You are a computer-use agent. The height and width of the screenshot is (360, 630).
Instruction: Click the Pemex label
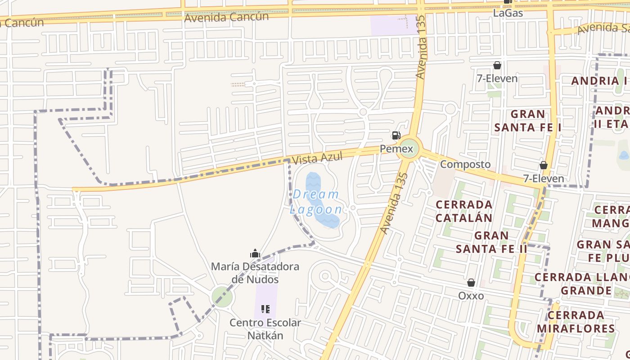click(x=396, y=148)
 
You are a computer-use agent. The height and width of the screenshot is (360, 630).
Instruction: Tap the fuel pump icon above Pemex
click(x=396, y=135)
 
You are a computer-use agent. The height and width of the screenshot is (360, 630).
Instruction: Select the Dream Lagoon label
click(x=316, y=202)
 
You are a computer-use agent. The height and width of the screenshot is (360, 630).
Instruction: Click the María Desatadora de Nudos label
click(x=255, y=273)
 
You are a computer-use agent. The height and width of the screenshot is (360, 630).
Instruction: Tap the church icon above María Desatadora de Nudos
click(x=255, y=254)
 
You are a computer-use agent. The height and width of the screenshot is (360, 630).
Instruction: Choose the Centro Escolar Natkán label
click(x=265, y=329)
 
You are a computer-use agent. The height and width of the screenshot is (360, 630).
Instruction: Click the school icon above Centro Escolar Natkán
click(x=265, y=309)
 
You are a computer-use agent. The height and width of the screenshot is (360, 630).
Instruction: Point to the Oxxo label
click(x=471, y=296)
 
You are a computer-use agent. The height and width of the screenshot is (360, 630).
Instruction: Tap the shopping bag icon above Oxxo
click(x=471, y=283)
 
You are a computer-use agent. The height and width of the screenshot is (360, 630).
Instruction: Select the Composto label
click(x=465, y=164)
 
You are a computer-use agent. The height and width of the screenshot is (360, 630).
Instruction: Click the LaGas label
click(x=508, y=13)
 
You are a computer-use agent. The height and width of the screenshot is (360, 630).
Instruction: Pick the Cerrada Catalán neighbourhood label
click(x=464, y=211)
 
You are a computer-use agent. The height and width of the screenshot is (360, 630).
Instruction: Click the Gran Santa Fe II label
click(x=491, y=242)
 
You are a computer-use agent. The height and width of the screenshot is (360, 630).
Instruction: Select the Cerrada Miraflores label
click(x=576, y=321)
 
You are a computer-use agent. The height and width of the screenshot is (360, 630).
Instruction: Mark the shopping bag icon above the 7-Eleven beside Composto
click(x=544, y=165)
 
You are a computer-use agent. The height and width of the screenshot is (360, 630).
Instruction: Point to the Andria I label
click(x=599, y=81)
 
